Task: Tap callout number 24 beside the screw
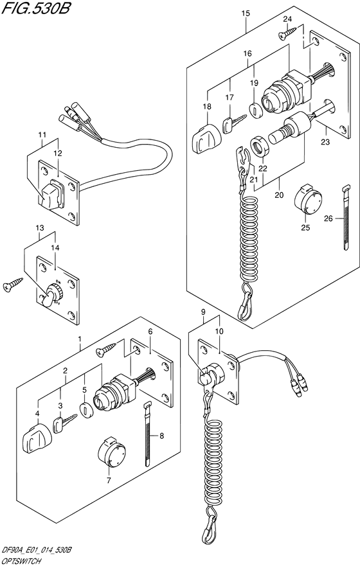coord(287,19)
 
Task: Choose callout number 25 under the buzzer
coord(306,227)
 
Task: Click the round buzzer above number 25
coord(307,200)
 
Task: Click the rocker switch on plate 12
coord(50,193)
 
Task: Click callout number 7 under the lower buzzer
coord(108,480)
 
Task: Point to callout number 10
coord(221,331)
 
